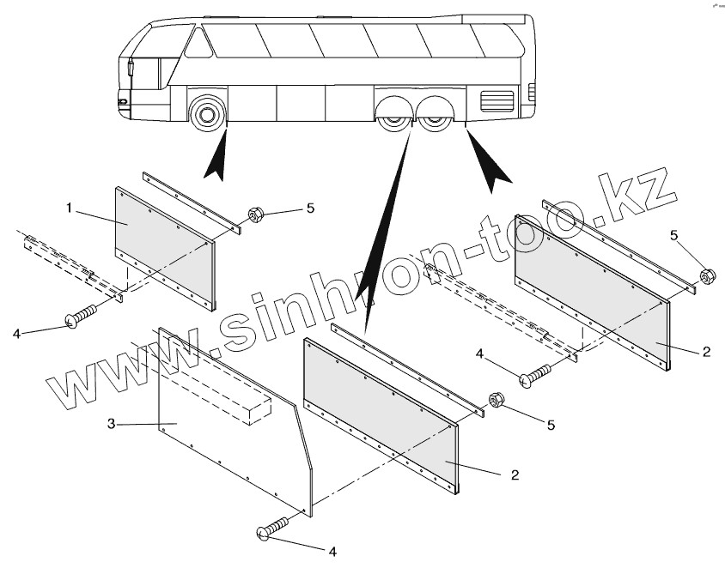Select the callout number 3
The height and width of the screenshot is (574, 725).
[x=112, y=423]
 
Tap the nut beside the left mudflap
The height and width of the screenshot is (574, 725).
[x=255, y=214]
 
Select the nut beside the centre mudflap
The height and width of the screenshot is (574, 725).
[x=496, y=400]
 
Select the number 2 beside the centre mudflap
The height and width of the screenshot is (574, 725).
[x=514, y=474]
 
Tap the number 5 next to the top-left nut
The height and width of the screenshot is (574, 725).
[x=311, y=208]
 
